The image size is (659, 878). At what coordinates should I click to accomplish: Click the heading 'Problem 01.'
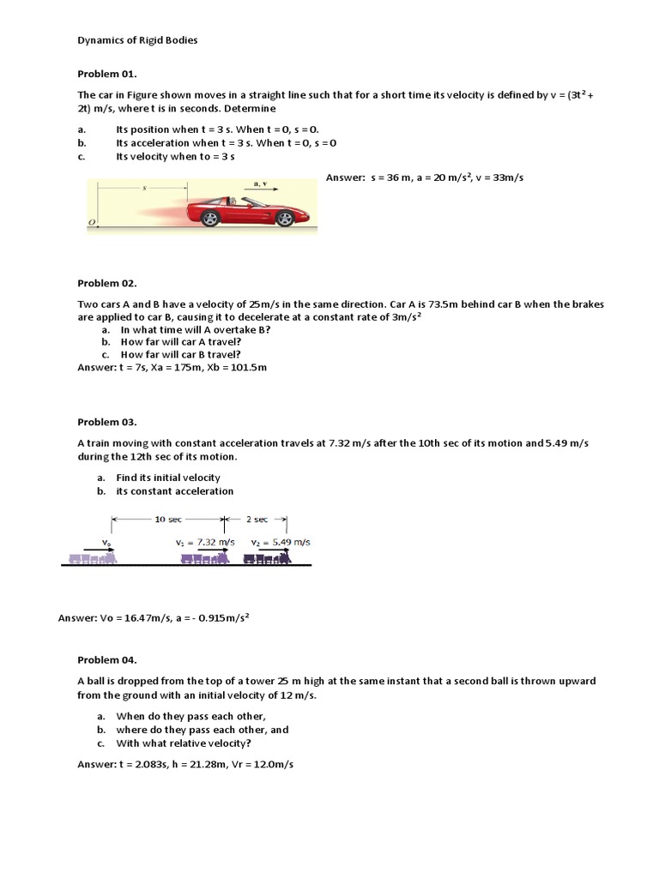107,75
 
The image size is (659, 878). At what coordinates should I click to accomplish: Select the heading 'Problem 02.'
107,282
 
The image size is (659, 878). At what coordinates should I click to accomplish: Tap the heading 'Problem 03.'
107,422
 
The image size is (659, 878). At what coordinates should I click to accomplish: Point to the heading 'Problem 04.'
107,660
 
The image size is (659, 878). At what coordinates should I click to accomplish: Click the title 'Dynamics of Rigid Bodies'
137,40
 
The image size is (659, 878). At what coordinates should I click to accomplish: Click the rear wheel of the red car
209,218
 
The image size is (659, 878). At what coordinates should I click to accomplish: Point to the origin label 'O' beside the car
91,223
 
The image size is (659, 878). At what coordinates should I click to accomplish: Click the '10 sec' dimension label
167,520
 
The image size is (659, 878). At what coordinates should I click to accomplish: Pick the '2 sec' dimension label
256,520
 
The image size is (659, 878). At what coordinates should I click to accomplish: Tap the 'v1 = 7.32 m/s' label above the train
205,543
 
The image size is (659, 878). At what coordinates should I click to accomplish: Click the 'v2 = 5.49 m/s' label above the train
281,543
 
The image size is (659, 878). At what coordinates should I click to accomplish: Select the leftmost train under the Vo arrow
92,558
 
